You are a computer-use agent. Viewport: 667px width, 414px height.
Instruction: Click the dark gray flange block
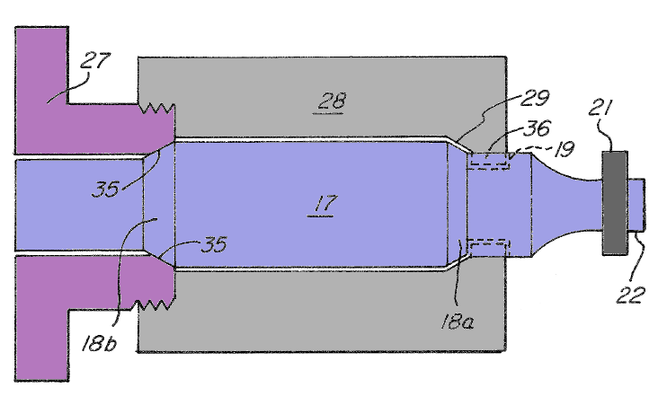(x=614, y=202)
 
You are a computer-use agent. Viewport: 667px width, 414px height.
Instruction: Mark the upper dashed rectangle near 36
(x=490, y=162)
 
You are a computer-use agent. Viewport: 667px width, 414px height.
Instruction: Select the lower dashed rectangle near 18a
(x=490, y=244)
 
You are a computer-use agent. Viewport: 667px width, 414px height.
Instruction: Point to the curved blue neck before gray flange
(x=566, y=203)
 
